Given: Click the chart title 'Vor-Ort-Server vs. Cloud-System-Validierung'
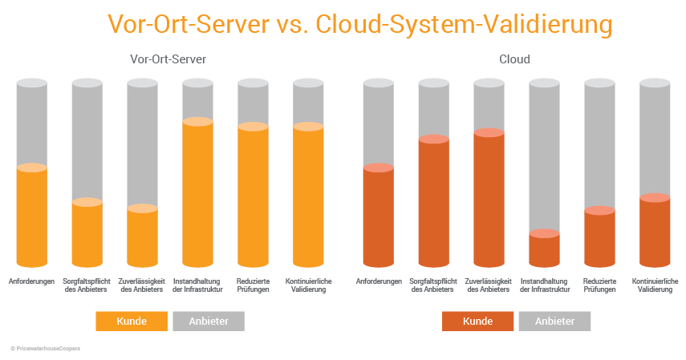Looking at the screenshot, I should click(x=359, y=24).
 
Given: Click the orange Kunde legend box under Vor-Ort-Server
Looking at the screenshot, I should click(x=132, y=321).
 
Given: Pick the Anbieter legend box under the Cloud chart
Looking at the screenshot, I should click(x=554, y=321).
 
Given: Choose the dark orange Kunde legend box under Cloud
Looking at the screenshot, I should click(x=477, y=321).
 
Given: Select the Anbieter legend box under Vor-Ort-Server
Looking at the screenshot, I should click(x=208, y=321).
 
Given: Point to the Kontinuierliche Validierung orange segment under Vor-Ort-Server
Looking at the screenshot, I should click(x=308, y=197).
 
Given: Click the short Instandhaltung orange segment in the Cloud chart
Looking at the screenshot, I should click(x=544, y=250).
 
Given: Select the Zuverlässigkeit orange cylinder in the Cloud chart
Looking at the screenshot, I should click(x=489, y=200).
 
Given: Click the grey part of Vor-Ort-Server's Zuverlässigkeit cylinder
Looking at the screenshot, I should click(x=142, y=144).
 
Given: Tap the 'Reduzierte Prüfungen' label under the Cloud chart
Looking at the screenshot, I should click(x=599, y=285).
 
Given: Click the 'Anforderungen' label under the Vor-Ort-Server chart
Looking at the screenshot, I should click(x=31, y=281).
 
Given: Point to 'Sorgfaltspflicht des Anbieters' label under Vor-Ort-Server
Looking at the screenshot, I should click(x=87, y=285).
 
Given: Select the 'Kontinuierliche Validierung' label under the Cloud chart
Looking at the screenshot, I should click(x=656, y=285).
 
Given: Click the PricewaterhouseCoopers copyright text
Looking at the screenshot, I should click(x=45, y=349).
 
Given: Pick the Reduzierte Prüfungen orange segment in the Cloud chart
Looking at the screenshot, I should click(x=599, y=239).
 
